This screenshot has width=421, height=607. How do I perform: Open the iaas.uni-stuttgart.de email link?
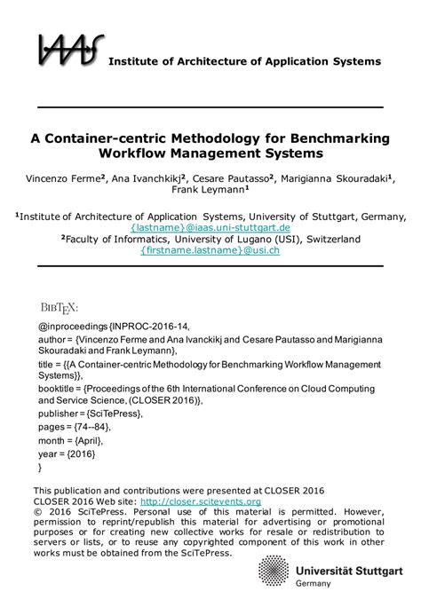pyautogui.click(x=210, y=227)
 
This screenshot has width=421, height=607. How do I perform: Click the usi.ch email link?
pyautogui.click(x=210, y=250)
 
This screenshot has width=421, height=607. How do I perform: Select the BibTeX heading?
pyautogui.click(x=59, y=307)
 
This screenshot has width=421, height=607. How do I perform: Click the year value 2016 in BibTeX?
pyautogui.click(x=84, y=453)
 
